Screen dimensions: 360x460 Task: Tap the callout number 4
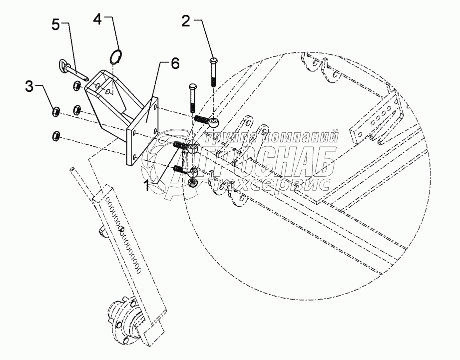coord(98,19)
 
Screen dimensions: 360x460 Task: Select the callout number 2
coord(186,21)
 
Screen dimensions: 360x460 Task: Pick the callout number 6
coord(175,63)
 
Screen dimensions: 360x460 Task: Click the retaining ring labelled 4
coord(115,56)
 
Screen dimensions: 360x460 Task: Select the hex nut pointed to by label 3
coord(56,111)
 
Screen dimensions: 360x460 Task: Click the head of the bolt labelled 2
coord(213,61)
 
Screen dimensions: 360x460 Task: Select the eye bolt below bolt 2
coord(213,121)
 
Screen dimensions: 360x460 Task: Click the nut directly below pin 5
coord(78,86)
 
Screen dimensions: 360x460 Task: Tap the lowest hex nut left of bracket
coord(56,135)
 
